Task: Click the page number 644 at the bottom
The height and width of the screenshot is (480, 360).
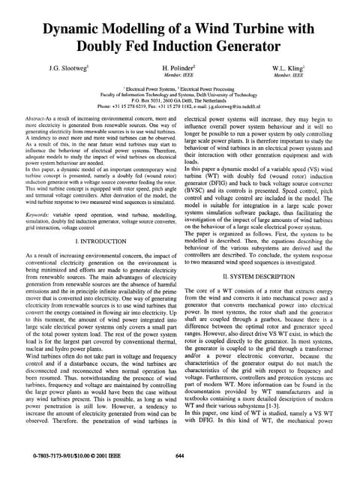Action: [179, 456]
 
